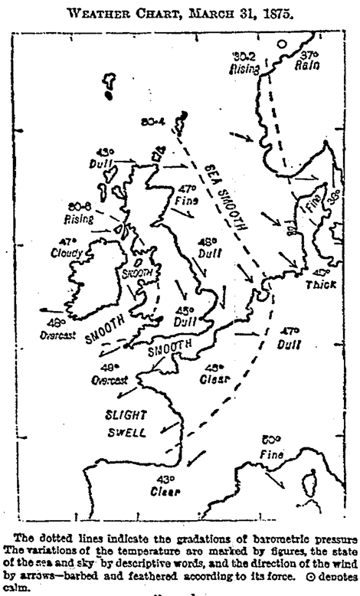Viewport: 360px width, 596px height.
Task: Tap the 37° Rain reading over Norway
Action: tap(309, 61)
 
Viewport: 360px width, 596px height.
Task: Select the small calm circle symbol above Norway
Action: tap(282, 45)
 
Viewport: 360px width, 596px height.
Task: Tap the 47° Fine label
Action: tap(188, 195)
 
